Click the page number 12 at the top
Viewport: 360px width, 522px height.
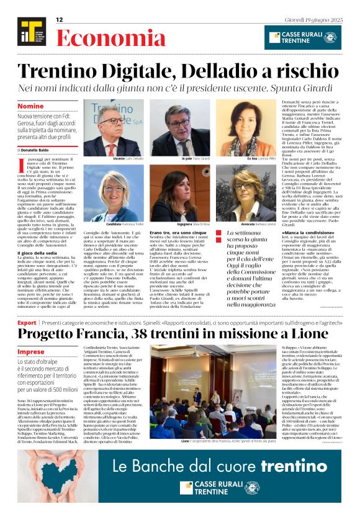coord(60,20)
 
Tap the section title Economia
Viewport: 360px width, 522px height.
coord(94,38)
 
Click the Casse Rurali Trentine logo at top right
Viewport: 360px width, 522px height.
coord(302,37)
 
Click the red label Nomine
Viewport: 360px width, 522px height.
coord(31,106)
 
